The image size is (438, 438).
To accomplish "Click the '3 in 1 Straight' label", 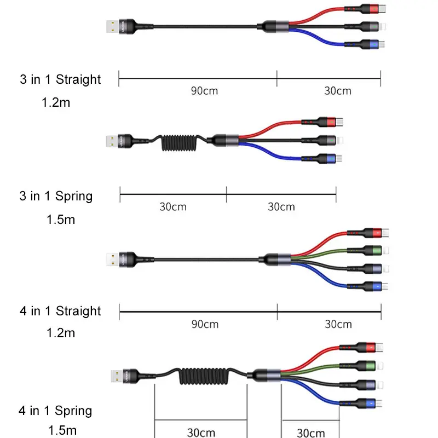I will (60, 79).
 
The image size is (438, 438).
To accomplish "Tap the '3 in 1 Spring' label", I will (56, 196).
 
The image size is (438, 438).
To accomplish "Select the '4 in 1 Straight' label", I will (60, 311).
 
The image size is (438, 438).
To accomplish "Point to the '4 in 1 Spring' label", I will (56, 411).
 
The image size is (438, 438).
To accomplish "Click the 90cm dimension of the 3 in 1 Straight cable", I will (204, 91).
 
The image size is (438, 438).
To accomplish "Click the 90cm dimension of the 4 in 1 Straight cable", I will (205, 324).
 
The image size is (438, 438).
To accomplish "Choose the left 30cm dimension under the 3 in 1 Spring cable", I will (173, 207).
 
